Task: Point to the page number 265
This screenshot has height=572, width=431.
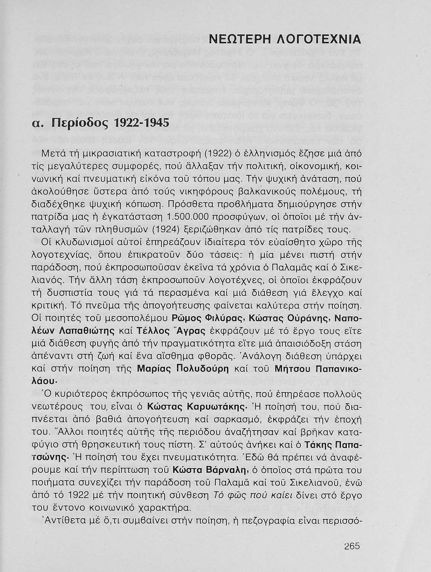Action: pyautogui.click(x=352, y=546)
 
